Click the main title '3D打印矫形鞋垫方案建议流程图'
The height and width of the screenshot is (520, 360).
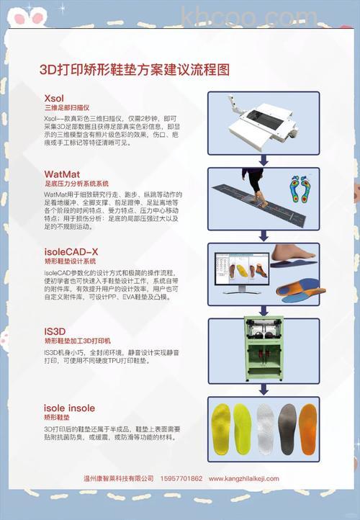click(135, 69)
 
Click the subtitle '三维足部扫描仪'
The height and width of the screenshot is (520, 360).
click(66, 107)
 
